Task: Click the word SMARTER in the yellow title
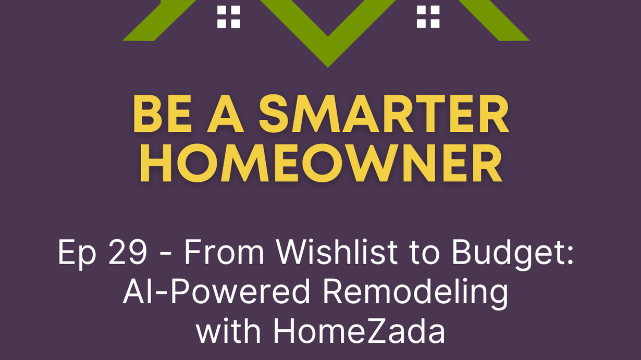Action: tap(384, 114)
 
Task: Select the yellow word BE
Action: tap(162, 114)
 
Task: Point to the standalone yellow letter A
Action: tap(225, 114)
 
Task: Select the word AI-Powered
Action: tap(217, 292)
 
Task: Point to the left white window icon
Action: tap(228, 17)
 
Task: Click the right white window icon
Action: tap(428, 17)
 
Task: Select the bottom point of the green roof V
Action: tap(328, 68)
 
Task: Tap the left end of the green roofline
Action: tap(123, 40)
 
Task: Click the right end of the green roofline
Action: tap(529, 40)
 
